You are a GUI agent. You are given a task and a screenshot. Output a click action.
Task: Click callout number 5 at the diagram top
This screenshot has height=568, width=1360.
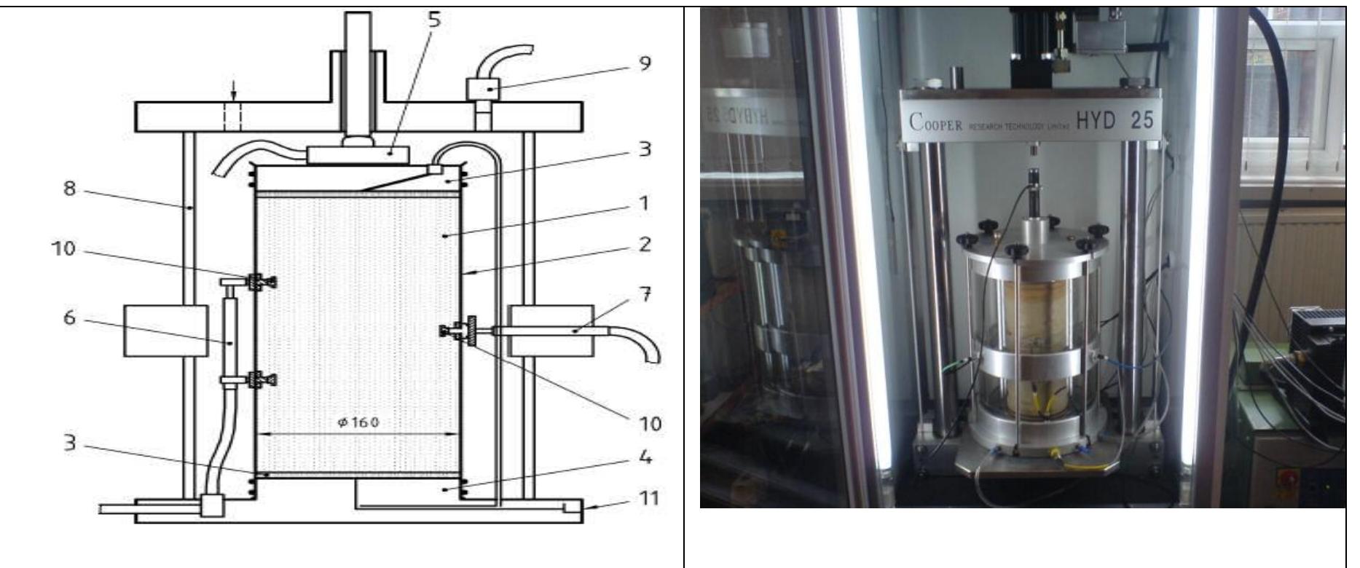point(435,20)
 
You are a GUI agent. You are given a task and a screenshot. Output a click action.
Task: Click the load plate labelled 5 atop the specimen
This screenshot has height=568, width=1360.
point(357,154)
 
